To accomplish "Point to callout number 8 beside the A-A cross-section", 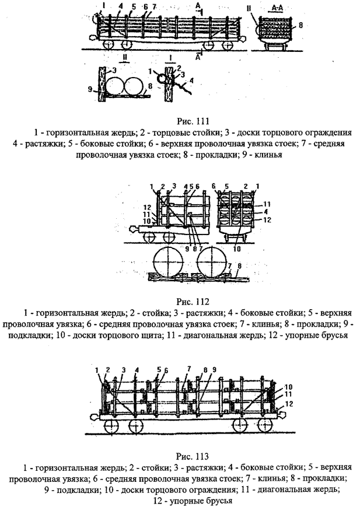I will [300, 25].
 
